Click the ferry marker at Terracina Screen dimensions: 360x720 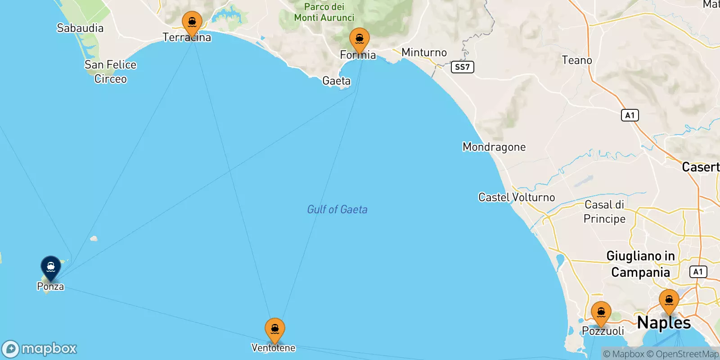click(192, 22)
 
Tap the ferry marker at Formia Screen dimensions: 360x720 click(359, 39)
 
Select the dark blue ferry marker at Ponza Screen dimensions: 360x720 click(51, 267)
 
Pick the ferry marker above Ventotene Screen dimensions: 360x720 click(275, 329)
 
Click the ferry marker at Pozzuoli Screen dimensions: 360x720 click(601, 312)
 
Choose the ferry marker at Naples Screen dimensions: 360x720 click(669, 301)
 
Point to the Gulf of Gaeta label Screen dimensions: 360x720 click(337, 209)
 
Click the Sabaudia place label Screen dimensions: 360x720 click(80, 28)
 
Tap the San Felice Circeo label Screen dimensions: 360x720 click(110, 72)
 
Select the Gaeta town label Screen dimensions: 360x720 click(336, 81)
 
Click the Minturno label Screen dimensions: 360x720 click(424, 53)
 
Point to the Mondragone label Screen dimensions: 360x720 click(494, 147)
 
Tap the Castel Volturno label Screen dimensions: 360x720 click(517, 197)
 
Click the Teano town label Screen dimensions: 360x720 click(577, 60)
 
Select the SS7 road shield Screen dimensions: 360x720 click(462, 67)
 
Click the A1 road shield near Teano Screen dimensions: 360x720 click(630, 115)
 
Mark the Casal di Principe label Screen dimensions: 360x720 click(604, 211)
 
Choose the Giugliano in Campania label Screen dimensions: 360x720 click(640, 264)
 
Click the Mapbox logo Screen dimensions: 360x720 click(40, 349)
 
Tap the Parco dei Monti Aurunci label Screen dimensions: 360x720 click(324, 12)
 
